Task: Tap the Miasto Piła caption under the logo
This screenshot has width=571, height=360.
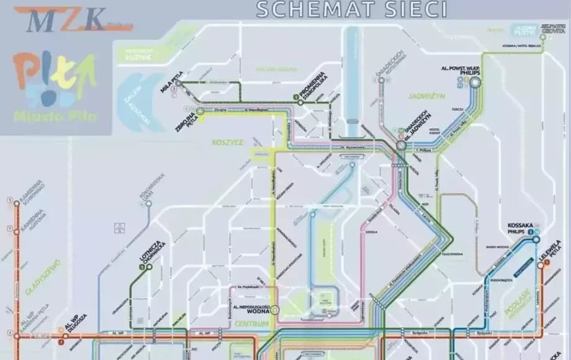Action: pyautogui.click(x=55, y=115)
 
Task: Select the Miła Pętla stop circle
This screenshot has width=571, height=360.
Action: pyautogui.click(x=178, y=83)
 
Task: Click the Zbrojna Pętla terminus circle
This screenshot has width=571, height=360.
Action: pyautogui.click(x=200, y=111)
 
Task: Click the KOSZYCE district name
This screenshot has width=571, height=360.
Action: pyautogui.click(x=227, y=142)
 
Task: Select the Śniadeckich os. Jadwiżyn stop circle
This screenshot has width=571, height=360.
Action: pyautogui.click(x=401, y=145)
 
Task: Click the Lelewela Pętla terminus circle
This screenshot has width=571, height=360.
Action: pyautogui.click(x=541, y=266)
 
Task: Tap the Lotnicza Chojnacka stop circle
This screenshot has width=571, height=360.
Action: pyautogui.click(x=149, y=267)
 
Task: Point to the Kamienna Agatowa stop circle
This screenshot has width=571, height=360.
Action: pyautogui.click(x=17, y=232)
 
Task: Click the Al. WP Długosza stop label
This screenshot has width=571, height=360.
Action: pyautogui.click(x=74, y=319)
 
